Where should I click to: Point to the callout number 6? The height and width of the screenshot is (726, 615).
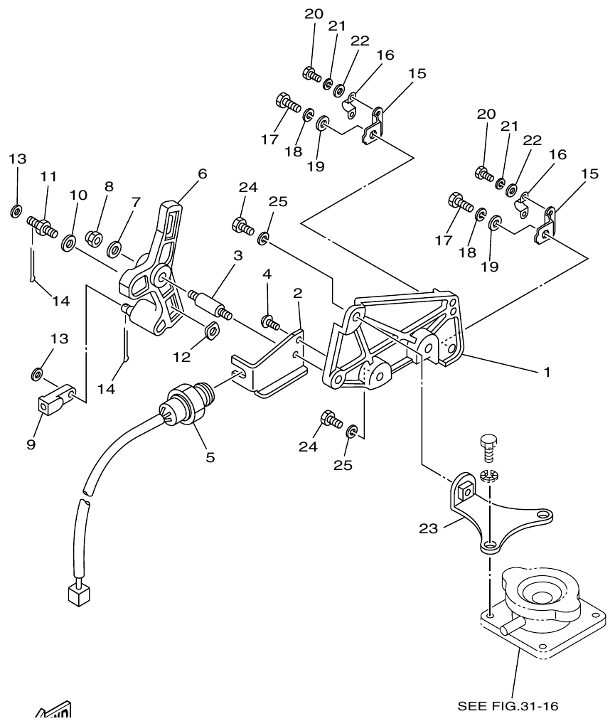click(x=203, y=174)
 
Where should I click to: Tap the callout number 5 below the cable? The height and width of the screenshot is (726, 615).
click(x=210, y=457)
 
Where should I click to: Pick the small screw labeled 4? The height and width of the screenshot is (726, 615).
click(x=269, y=323)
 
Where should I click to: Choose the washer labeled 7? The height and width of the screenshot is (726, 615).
click(x=114, y=249)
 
